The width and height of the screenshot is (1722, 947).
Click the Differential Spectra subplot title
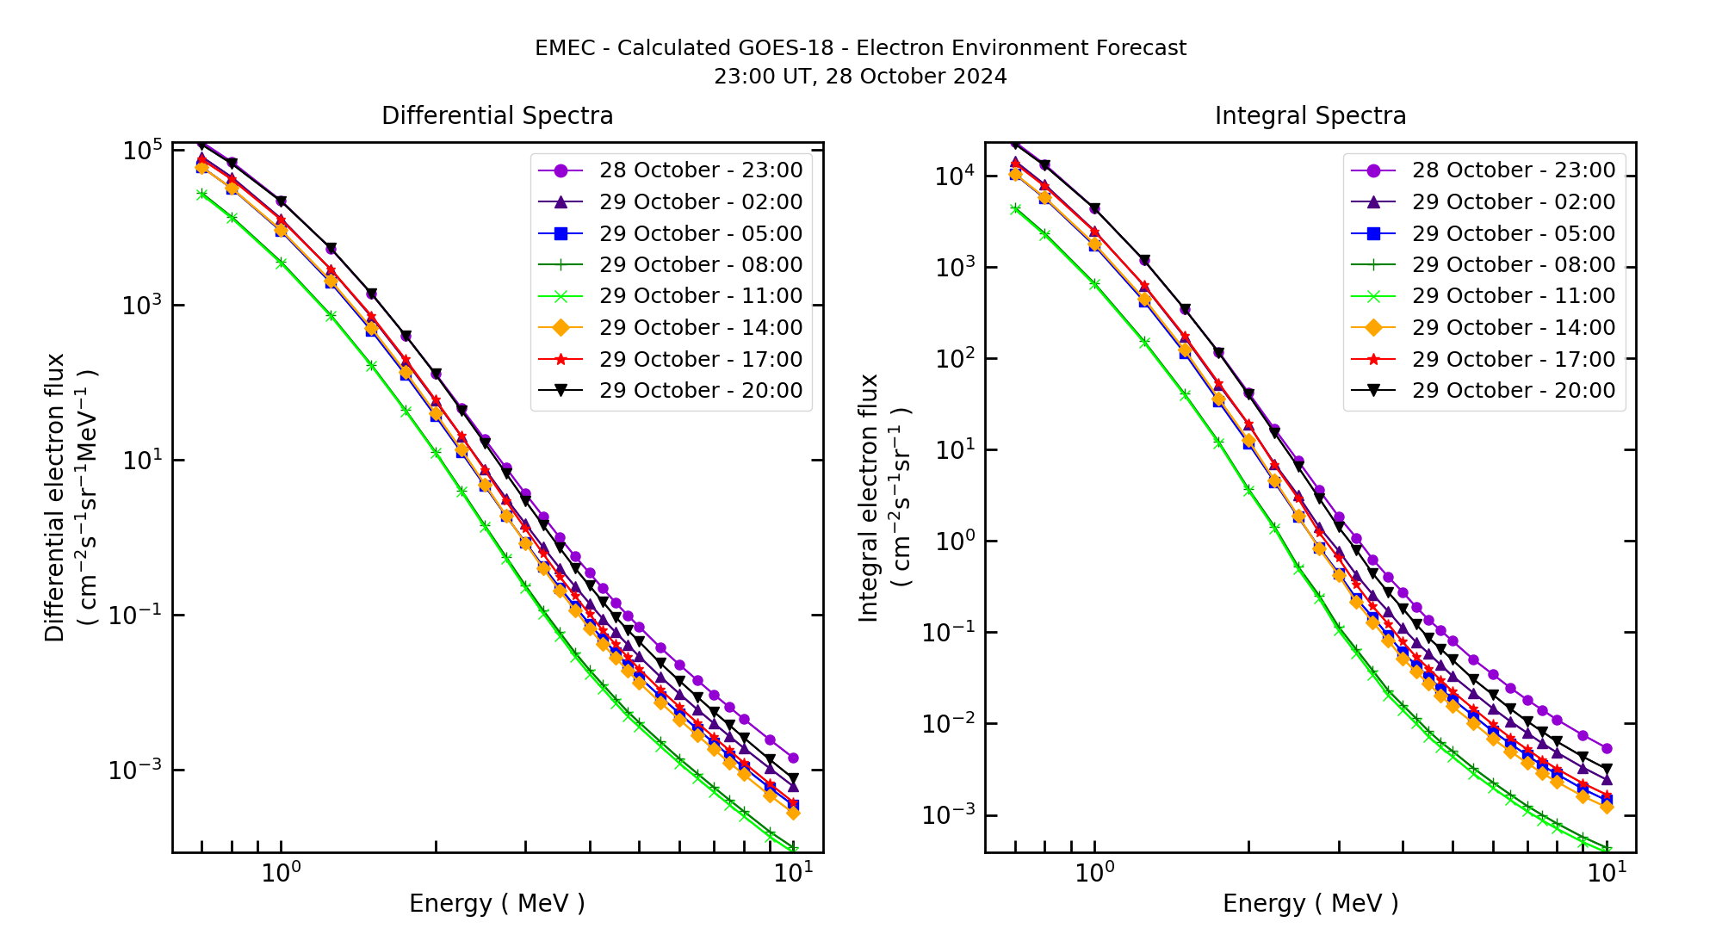pyautogui.click(x=497, y=115)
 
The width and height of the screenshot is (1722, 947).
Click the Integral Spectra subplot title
pyautogui.click(x=1310, y=115)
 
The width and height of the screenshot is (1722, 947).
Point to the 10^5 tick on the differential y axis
pyautogui.click(x=142, y=152)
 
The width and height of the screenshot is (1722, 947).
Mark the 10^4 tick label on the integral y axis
pyautogui.click(x=955, y=176)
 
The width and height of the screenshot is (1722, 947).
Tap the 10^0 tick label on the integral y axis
pyautogui.click(x=955, y=542)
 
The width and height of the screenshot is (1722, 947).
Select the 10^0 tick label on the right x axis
pyautogui.click(x=1094, y=873)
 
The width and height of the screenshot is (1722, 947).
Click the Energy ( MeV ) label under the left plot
pyautogui.click(x=497, y=903)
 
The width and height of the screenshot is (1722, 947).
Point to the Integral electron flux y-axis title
pyautogui.click(x=870, y=498)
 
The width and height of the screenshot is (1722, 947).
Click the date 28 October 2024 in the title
pyautogui.click(x=915, y=77)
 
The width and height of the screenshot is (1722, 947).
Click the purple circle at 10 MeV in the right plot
pyautogui.click(x=1607, y=749)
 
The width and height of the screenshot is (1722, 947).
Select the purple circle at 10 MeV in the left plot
pyautogui.click(x=793, y=758)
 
